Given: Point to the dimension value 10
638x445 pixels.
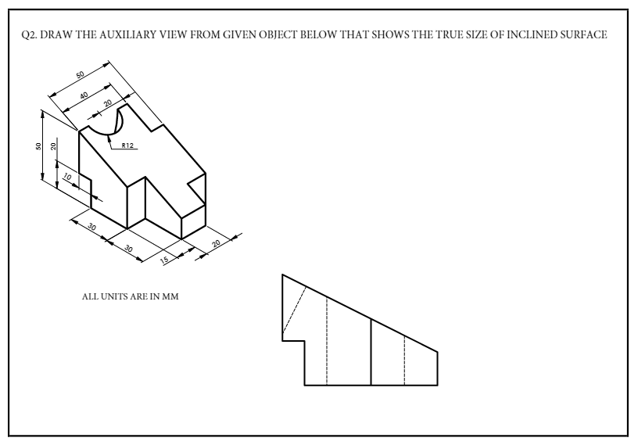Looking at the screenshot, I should point(67,179).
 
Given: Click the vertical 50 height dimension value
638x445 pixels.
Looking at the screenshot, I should point(39,146).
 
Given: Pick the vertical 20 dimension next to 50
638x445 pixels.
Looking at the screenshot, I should point(53,146).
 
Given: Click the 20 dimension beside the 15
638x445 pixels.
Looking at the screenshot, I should point(217,244).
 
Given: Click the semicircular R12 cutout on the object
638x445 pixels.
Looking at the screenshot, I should point(106,124).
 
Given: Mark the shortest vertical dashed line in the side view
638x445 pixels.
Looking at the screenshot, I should point(404,360).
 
